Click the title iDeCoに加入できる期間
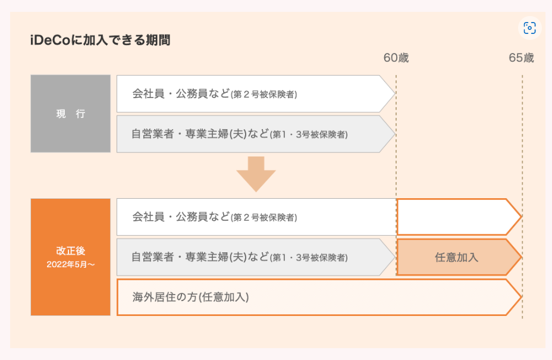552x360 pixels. pos(101,40)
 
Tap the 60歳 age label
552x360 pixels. pos(396,58)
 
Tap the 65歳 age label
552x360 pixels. pos(522,58)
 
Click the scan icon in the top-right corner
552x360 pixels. pos(529,28)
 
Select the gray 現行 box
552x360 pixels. pos(70,114)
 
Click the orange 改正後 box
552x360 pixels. pos(70,257)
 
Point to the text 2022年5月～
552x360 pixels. pos(71,265)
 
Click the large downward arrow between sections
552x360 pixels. pos(256,174)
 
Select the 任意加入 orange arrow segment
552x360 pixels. pos(459,257)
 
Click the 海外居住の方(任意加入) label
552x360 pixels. pos(190,297)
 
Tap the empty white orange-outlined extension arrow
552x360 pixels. pos(459,217)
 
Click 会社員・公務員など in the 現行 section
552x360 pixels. pos(181,93)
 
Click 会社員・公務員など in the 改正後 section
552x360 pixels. pos(181,217)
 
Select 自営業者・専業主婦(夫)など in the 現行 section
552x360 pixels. pos(200,134)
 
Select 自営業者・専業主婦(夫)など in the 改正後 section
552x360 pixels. pos(200,257)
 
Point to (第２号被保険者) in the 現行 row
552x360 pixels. pos(264,95)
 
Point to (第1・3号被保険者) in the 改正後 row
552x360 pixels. pos(309,258)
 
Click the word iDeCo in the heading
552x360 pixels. pos(51,40)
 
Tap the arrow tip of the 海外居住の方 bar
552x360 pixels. pos(522,297)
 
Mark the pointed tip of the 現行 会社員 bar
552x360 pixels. pos(395,93)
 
